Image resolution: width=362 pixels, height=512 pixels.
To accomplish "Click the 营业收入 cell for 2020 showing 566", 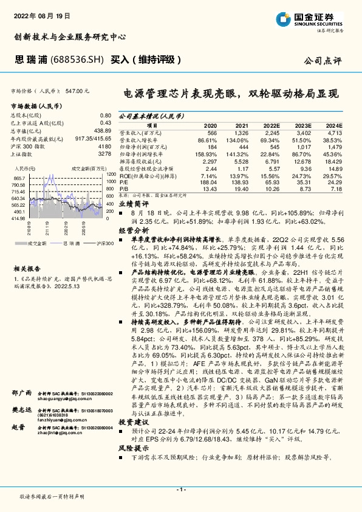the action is click(x=211, y=132).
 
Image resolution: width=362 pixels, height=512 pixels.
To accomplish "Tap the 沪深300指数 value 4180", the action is click(x=104, y=147).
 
